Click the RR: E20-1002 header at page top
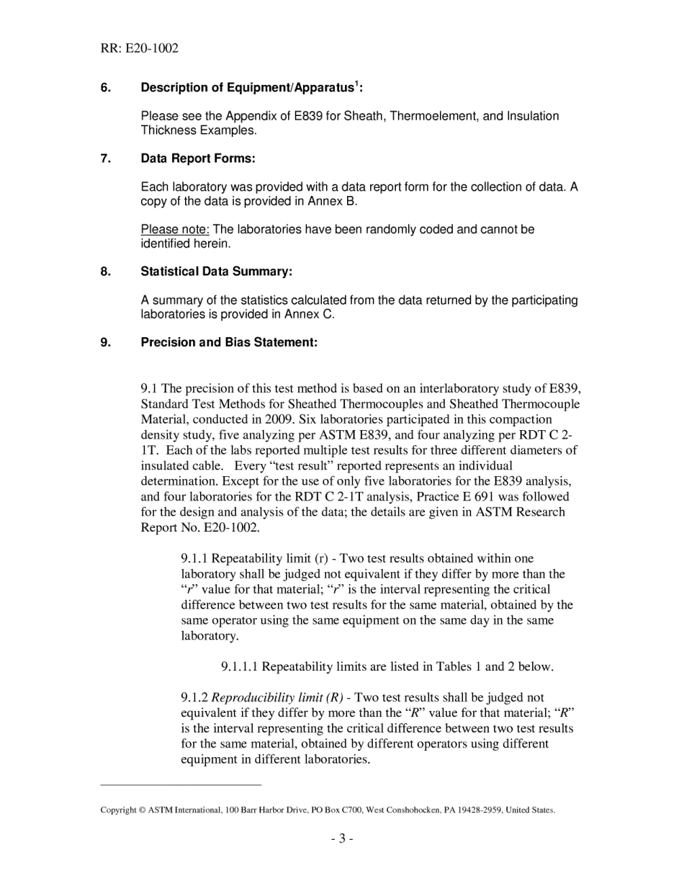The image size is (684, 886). click(x=139, y=49)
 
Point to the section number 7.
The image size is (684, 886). click(x=106, y=158)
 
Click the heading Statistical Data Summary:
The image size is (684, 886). click(x=216, y=272)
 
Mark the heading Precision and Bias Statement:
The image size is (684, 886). click(x=229, y=343)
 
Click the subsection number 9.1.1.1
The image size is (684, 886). click(x=240, y=667)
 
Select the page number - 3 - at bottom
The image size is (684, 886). click(x=342, y=838)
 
